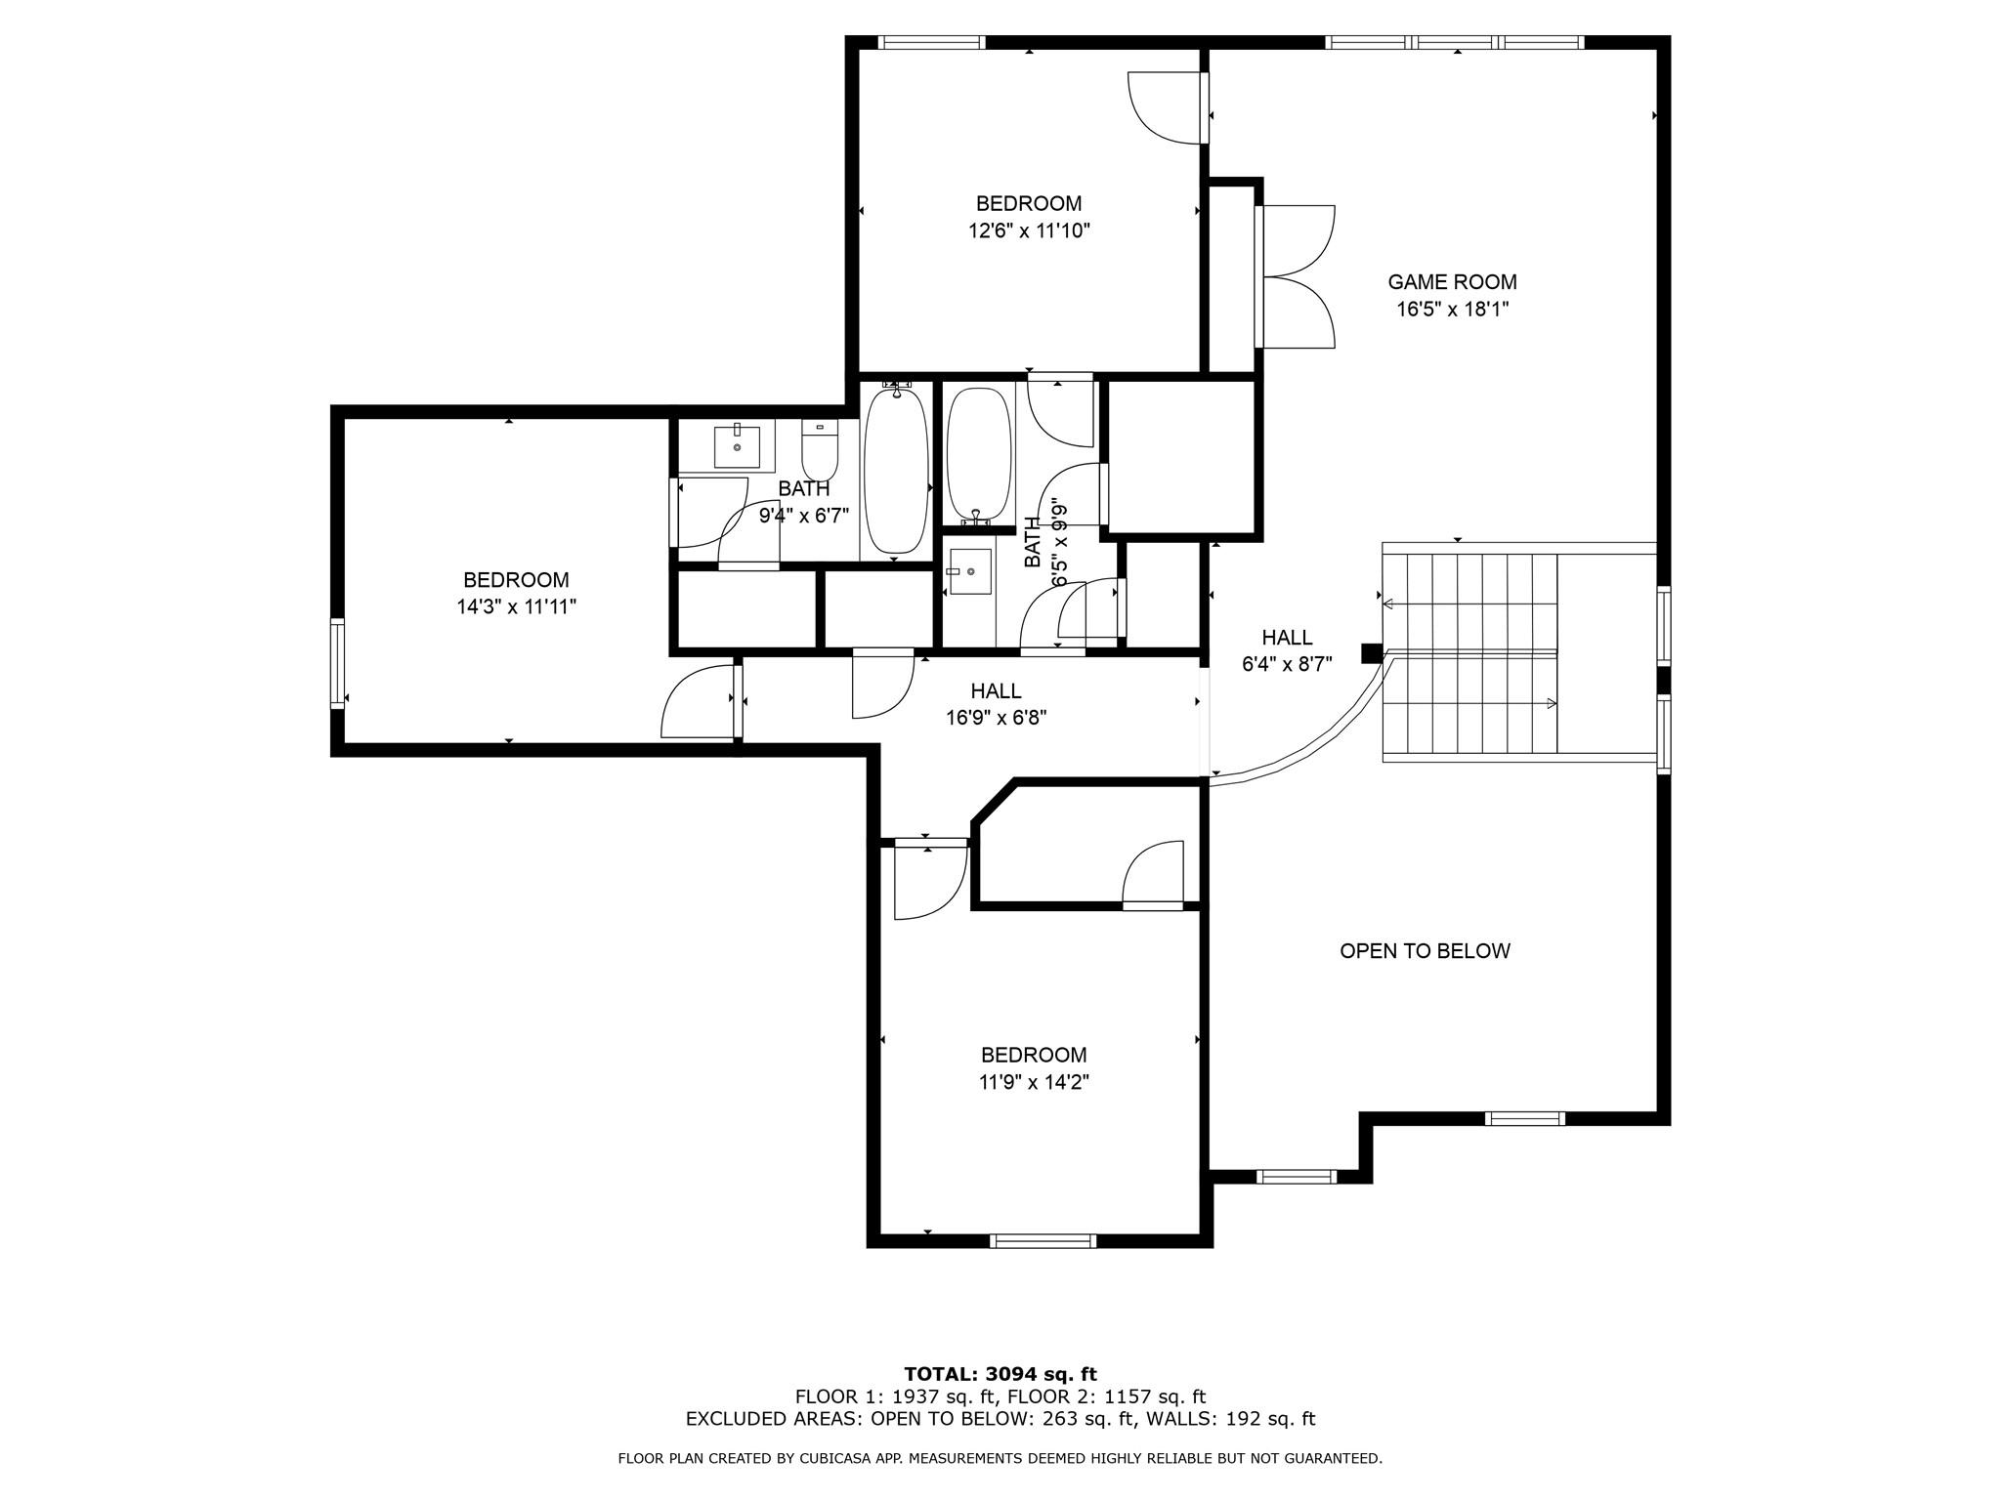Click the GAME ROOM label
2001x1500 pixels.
click(x=1452, y=282)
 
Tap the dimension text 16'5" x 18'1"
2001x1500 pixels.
click(x=1452, y=310)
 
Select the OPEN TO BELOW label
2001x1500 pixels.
click(x=1425, y=951)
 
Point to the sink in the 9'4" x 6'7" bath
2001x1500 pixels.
click(x=737, y=446)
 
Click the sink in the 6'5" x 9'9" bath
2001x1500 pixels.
click(x=969, y=571)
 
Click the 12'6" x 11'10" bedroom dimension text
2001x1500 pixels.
click(x=1029, y=231)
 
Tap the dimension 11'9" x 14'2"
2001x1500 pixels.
click(x=1034, y=1082)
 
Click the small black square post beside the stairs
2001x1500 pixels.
click(x=1372, y=653)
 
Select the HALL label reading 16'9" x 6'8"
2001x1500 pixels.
click(x=996, y=691)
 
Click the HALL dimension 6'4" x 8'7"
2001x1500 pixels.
click(x=1287, y=664)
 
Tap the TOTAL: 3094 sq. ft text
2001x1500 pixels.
click(x=1000, y=1375)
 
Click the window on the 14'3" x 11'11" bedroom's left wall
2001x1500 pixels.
click(x=337, y=663)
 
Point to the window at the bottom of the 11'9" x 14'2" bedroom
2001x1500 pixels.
click(x=1043, y=1241)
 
